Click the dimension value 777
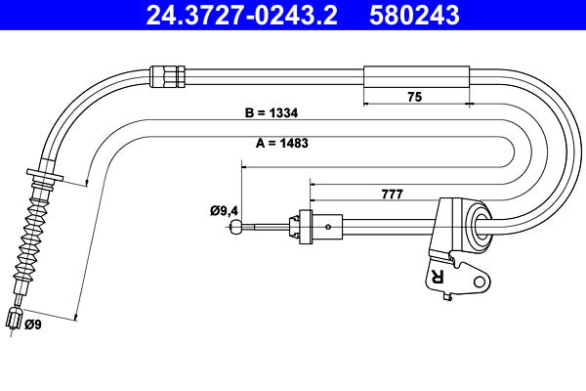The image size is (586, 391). (x=391, y=194)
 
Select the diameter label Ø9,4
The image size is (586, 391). (x=225, y=208)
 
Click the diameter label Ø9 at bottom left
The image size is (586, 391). (x=33, y=324)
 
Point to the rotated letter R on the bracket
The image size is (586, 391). (x=437, y=278)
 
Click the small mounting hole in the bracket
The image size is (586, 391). (x=479, y=282)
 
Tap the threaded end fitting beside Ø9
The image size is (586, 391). (x=13, y=320)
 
